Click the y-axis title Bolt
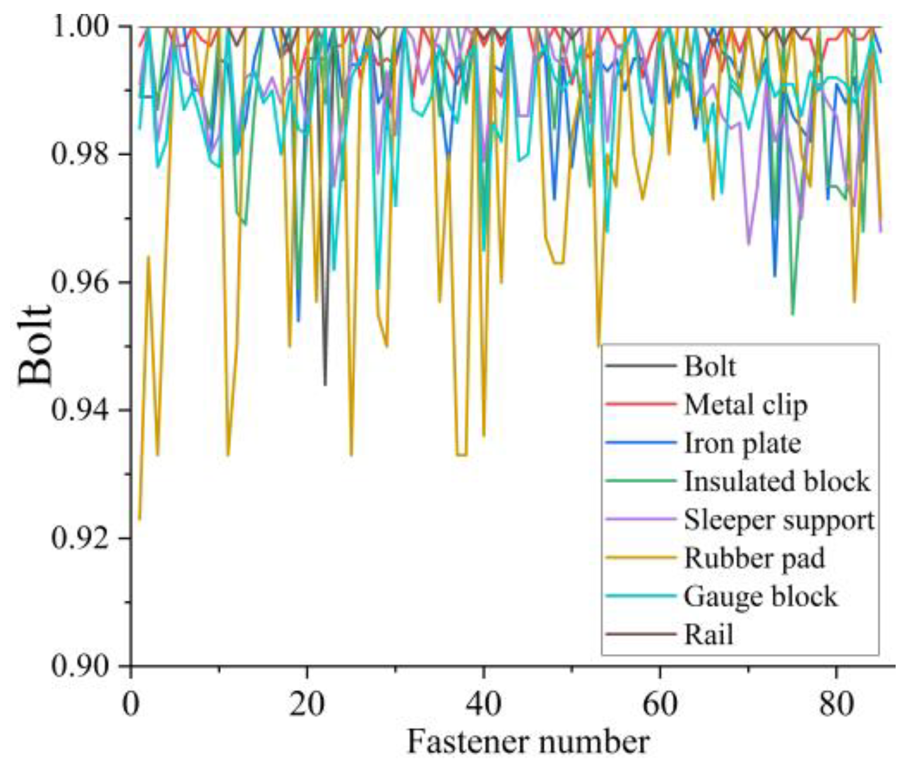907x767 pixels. (35, 345)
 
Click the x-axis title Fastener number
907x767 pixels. (528, 742)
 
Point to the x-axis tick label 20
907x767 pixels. (307, 703)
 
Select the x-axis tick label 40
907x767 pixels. (483, 703)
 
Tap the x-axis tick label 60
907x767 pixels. (660, 703)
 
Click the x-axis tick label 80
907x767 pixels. (836, 703)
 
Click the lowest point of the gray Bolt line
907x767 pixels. (325, 384)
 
